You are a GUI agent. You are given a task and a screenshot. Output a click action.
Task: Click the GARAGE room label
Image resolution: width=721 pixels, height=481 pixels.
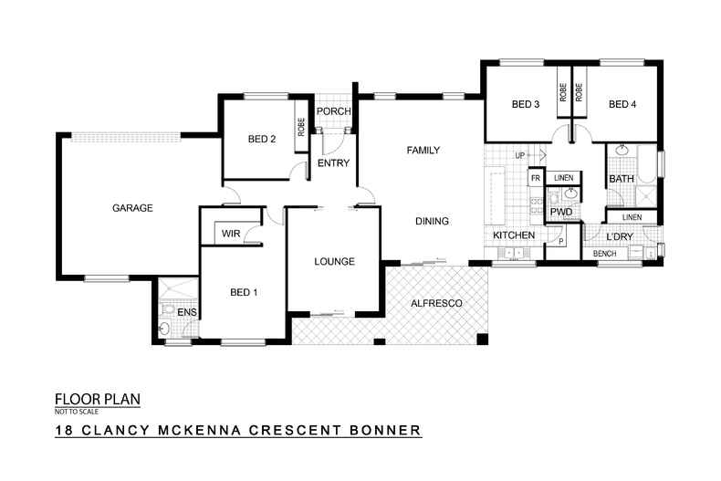pyautogui.click(x=132, y=208)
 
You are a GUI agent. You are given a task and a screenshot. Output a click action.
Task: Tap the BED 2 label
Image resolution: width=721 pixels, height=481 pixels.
pyautogui.click(x=262, y=140)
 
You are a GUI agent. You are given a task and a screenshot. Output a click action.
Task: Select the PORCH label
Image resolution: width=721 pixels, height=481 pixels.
pyautogui.click(x=329, y=112)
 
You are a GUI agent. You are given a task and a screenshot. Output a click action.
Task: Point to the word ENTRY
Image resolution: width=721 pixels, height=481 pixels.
pyautogui.click(x=329, y=164)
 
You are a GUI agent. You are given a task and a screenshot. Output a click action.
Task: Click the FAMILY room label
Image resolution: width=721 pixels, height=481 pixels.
pyautogui.click(x=423, y=150)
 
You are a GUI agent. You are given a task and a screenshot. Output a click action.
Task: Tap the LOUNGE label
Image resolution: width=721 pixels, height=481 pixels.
pyautogui.click(x=334, y=262)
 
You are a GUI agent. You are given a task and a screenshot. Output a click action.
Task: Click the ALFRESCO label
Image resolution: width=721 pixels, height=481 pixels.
pyautogui.click(x=436, y=302)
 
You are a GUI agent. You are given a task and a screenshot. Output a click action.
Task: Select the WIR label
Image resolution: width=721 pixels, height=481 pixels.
pyautogui.click(x=231, y=234)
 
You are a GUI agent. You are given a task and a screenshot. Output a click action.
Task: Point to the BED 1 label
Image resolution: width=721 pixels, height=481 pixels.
pyautogui.click(x=244, y=293)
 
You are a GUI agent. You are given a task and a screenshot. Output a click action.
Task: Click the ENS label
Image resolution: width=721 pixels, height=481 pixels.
pyautogui.click(x=186, y=313)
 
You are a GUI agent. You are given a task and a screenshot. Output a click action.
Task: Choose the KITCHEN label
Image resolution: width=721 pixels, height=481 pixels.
pyautogui.click(x=514, y=235)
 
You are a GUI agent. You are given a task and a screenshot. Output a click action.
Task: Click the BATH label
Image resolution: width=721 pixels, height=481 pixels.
pyautogui.click(x=622, y=179)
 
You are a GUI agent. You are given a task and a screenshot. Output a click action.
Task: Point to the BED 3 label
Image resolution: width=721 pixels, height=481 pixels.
pyautogui.click(x=526, y=105)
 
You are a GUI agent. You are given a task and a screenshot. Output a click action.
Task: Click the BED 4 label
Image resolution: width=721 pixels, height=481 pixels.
pyautogui.click(x=622, y=105)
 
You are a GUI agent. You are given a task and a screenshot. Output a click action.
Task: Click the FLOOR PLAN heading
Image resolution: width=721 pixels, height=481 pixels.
pyautogui.click(x=98, y=399)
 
